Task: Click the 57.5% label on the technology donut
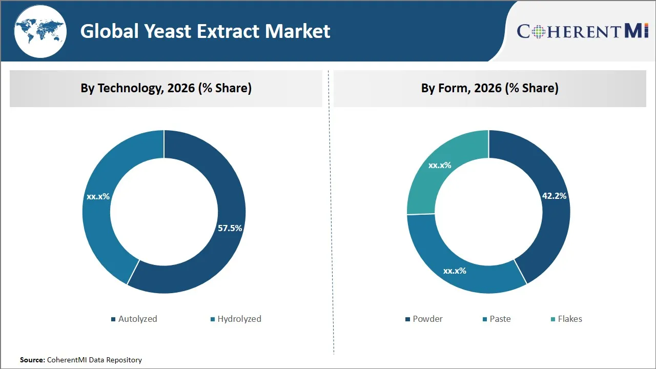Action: pyautogui.click(x=230, y=228)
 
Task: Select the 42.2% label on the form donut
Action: pyautogui.click(x=555, y=196)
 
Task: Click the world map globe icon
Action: pyautogui.click(x=40, y=32)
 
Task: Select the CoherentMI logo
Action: pyautogui.click(x=583, y=31)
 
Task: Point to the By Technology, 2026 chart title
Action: pyautogui.click(x=166, y=88)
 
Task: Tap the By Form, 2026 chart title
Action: pyautogui.click(x=489, y=88)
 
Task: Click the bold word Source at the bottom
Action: pyautogui.click(x=32, y=360)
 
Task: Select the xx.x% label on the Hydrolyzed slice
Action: pyautogui.click(x=98, y=196)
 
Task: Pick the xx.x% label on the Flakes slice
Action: pyautogui.click(x=440, y=165)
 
